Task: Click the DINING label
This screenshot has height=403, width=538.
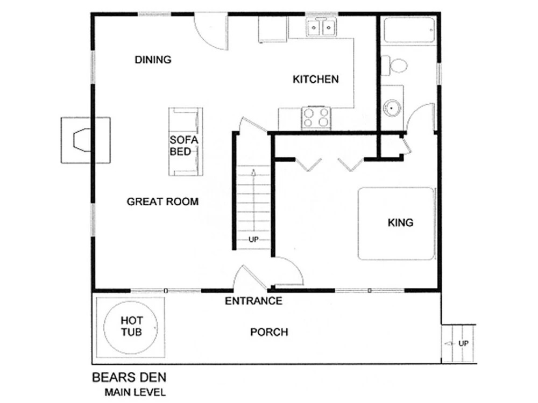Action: coord(153,60)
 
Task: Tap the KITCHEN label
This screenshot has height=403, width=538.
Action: coord(316,79)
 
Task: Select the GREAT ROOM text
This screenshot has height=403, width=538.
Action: coord(162,201)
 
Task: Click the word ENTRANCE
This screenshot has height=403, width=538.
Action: coord(253,301)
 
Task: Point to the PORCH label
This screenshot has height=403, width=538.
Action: coord(269,332)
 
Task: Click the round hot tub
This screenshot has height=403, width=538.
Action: coord(131,327)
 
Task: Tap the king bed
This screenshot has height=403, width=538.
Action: coord(396,224)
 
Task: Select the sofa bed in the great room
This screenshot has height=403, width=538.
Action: coord(185,141)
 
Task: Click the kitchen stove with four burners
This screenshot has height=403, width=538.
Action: coord(316,118)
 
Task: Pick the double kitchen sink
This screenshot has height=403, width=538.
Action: coord(322,27)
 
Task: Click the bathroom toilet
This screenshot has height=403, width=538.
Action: coord(394,66)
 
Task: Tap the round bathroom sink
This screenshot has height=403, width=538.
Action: coord(392,107)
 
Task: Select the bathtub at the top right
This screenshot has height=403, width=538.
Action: coord(409,30)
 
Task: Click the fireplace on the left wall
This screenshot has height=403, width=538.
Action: coord(86,140)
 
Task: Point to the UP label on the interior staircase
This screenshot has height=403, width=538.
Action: coord(253,239)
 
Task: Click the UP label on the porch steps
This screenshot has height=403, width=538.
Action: coord(463,343)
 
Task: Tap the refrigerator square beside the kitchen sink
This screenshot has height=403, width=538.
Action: coord(272,29)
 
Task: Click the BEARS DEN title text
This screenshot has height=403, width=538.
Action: coord(129,377)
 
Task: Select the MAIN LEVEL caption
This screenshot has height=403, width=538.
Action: coord(135,392)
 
